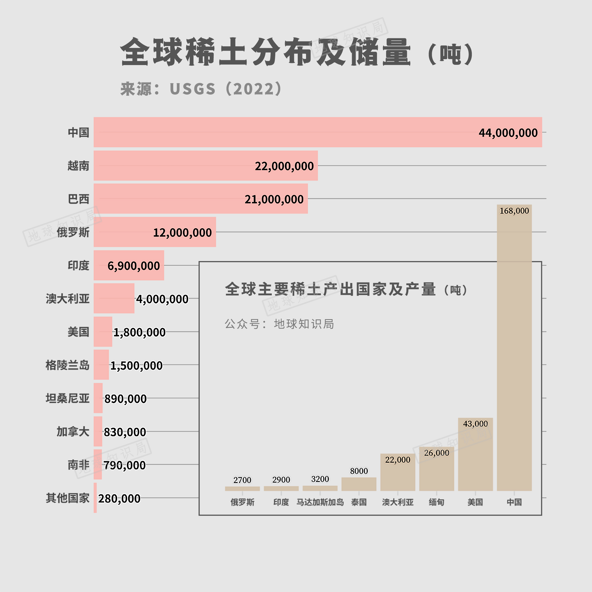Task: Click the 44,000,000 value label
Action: (x=508, y=133)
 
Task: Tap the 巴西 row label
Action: (x=78, y=199)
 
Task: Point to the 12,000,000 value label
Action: (x=182, y=233)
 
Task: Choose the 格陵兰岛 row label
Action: (x=67, y=365)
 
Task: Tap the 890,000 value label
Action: (x=125, y=399)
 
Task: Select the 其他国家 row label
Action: (x=67, y=498)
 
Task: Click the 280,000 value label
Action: (x=119, y=499)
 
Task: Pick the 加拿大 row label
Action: (x=73, y=431)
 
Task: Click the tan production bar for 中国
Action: (x=514, y=352)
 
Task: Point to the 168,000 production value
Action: (x=514, y=211)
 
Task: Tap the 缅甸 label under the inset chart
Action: (x=436, y=502)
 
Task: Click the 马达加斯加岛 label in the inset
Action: (x=320, y=502)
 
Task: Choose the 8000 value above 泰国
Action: (x=359, y=471)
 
